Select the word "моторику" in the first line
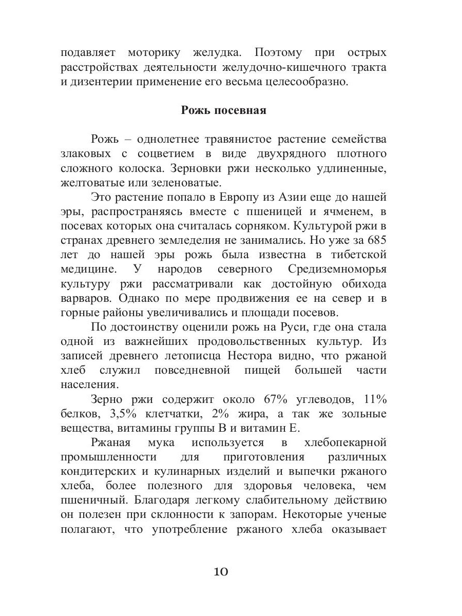coord(162,53)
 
